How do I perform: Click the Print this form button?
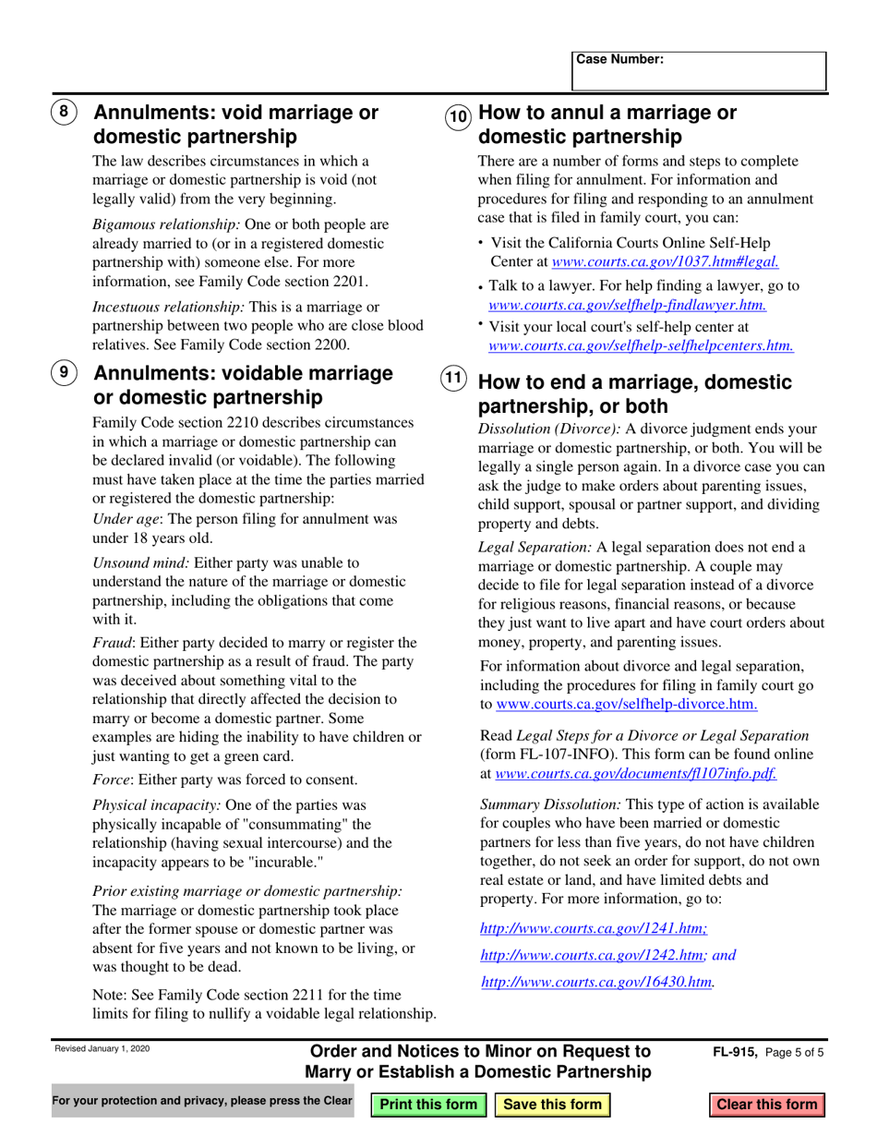point(429,1105)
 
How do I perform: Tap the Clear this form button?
point(767,1105)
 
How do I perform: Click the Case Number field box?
point(699,71)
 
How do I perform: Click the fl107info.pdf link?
point(636,775)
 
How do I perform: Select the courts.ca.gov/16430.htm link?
point(597,982)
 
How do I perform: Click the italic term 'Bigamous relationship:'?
point(167,224)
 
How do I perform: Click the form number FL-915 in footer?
point(735,1053)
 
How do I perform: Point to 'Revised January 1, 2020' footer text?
point(102,1049)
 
